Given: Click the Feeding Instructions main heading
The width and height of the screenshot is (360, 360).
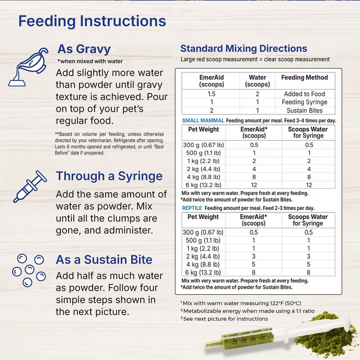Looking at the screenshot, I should (92, 21).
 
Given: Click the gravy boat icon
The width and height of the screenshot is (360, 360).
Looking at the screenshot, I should (26, 66).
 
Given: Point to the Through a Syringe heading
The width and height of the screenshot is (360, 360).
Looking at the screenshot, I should (109, 176).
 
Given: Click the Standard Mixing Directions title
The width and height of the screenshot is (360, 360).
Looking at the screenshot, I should (243, 49).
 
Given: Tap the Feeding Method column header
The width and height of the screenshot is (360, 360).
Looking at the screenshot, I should (304, 78).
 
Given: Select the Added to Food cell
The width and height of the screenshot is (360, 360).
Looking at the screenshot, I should (304, 94).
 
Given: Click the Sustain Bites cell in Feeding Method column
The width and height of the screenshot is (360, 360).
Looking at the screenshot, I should (304, 110).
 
